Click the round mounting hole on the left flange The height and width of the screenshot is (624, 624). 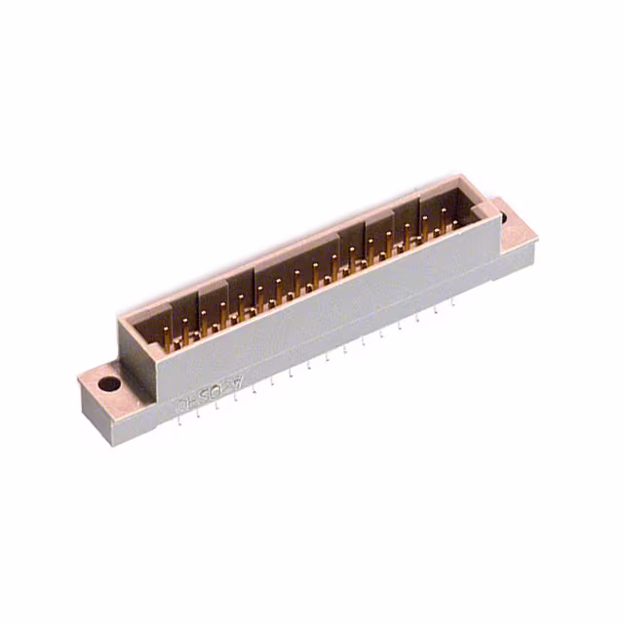tap(109, 384)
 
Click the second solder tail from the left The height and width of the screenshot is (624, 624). tap(198, 413)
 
